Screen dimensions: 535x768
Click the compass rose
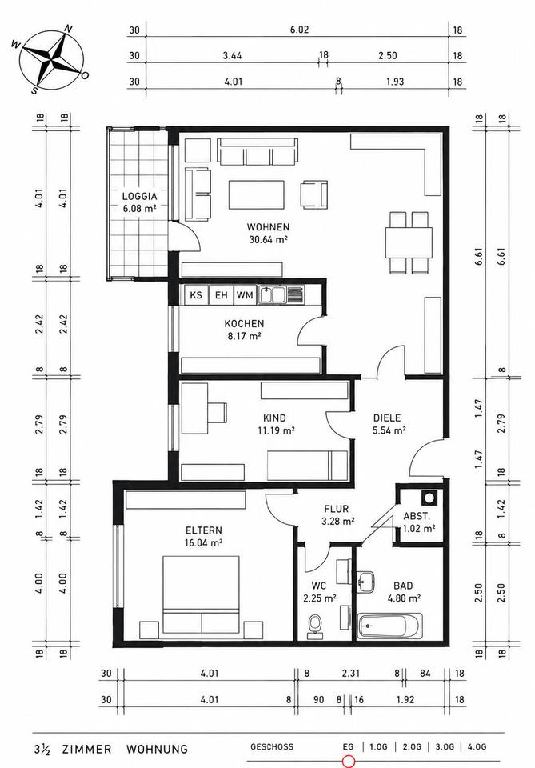[x=50, y=59]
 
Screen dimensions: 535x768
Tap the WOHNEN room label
[x=268, y=227]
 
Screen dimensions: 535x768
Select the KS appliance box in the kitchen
[x=196, y=295]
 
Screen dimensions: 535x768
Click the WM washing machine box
[x=245, y=295]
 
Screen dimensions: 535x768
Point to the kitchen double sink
[x=272, y=295]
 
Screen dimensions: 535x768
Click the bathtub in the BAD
[x=389, y=626]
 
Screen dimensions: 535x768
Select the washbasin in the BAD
[x=365, y=582]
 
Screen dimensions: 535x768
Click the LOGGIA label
[x=139, y=197]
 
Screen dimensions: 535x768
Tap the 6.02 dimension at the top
[x=299, y=30]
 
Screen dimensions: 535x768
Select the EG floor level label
[x=348, y=747]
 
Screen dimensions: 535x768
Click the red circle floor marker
[x=349, y=762]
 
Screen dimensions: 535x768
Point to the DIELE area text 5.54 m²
[x=389, y=431]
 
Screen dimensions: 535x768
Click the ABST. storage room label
[x=417, y=516]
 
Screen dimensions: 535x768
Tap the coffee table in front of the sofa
[x=257, y=195]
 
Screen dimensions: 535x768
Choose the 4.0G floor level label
[x=477, y=747]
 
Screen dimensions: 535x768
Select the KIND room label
[x=274, y=418]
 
